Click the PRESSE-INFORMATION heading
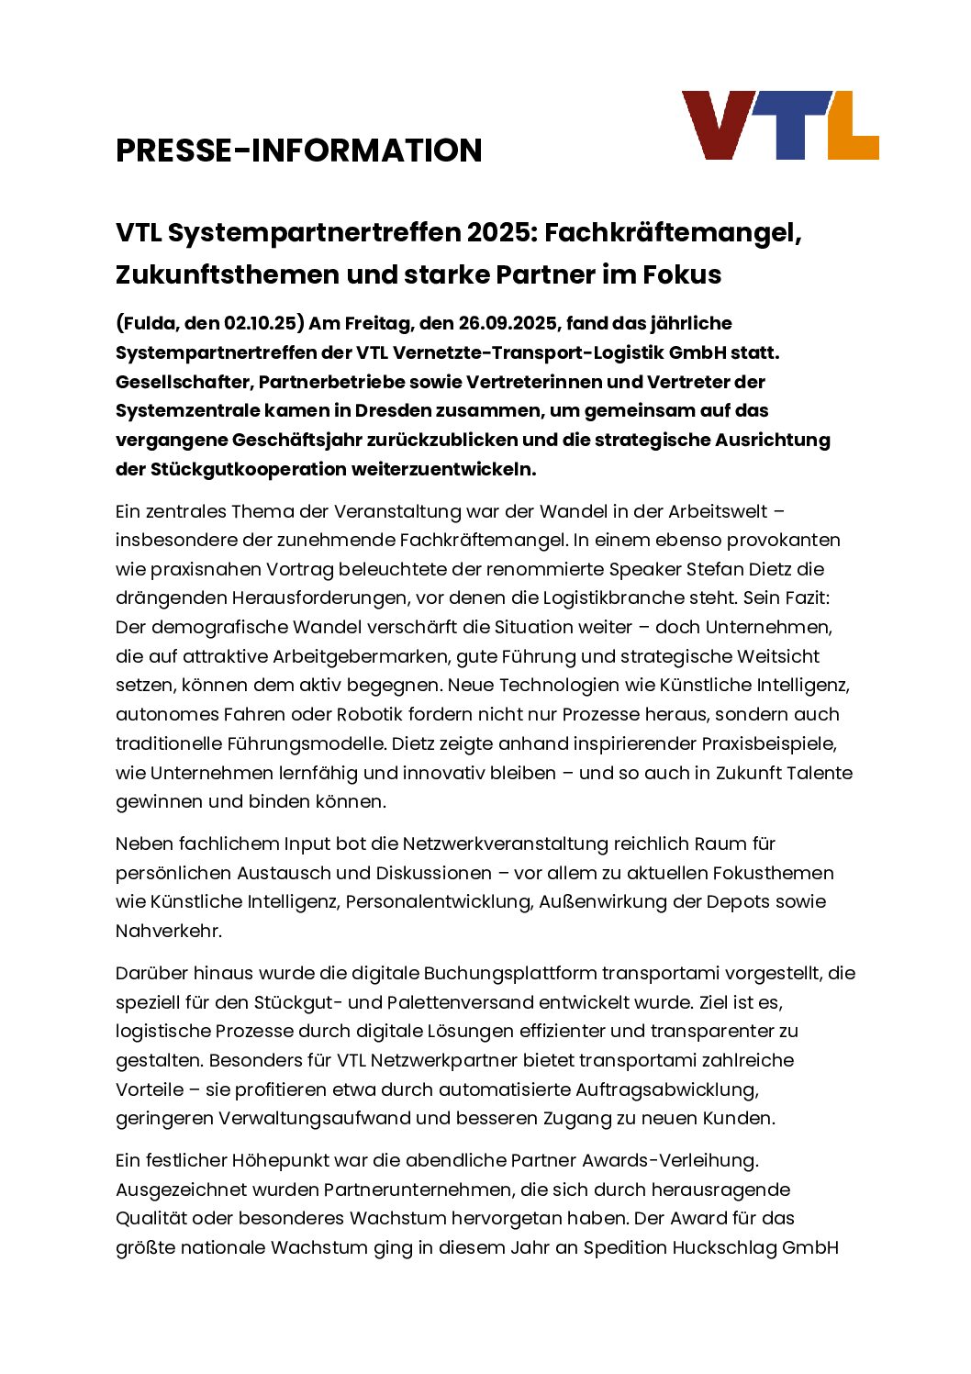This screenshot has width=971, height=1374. [x=298, y=151]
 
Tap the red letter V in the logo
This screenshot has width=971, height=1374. [x=719, y=124]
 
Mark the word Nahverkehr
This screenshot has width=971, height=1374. [x=168, y=931]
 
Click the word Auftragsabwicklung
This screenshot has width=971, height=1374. [x=666, y=1089]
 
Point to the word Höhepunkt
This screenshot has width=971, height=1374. [x=281, y=1160]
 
